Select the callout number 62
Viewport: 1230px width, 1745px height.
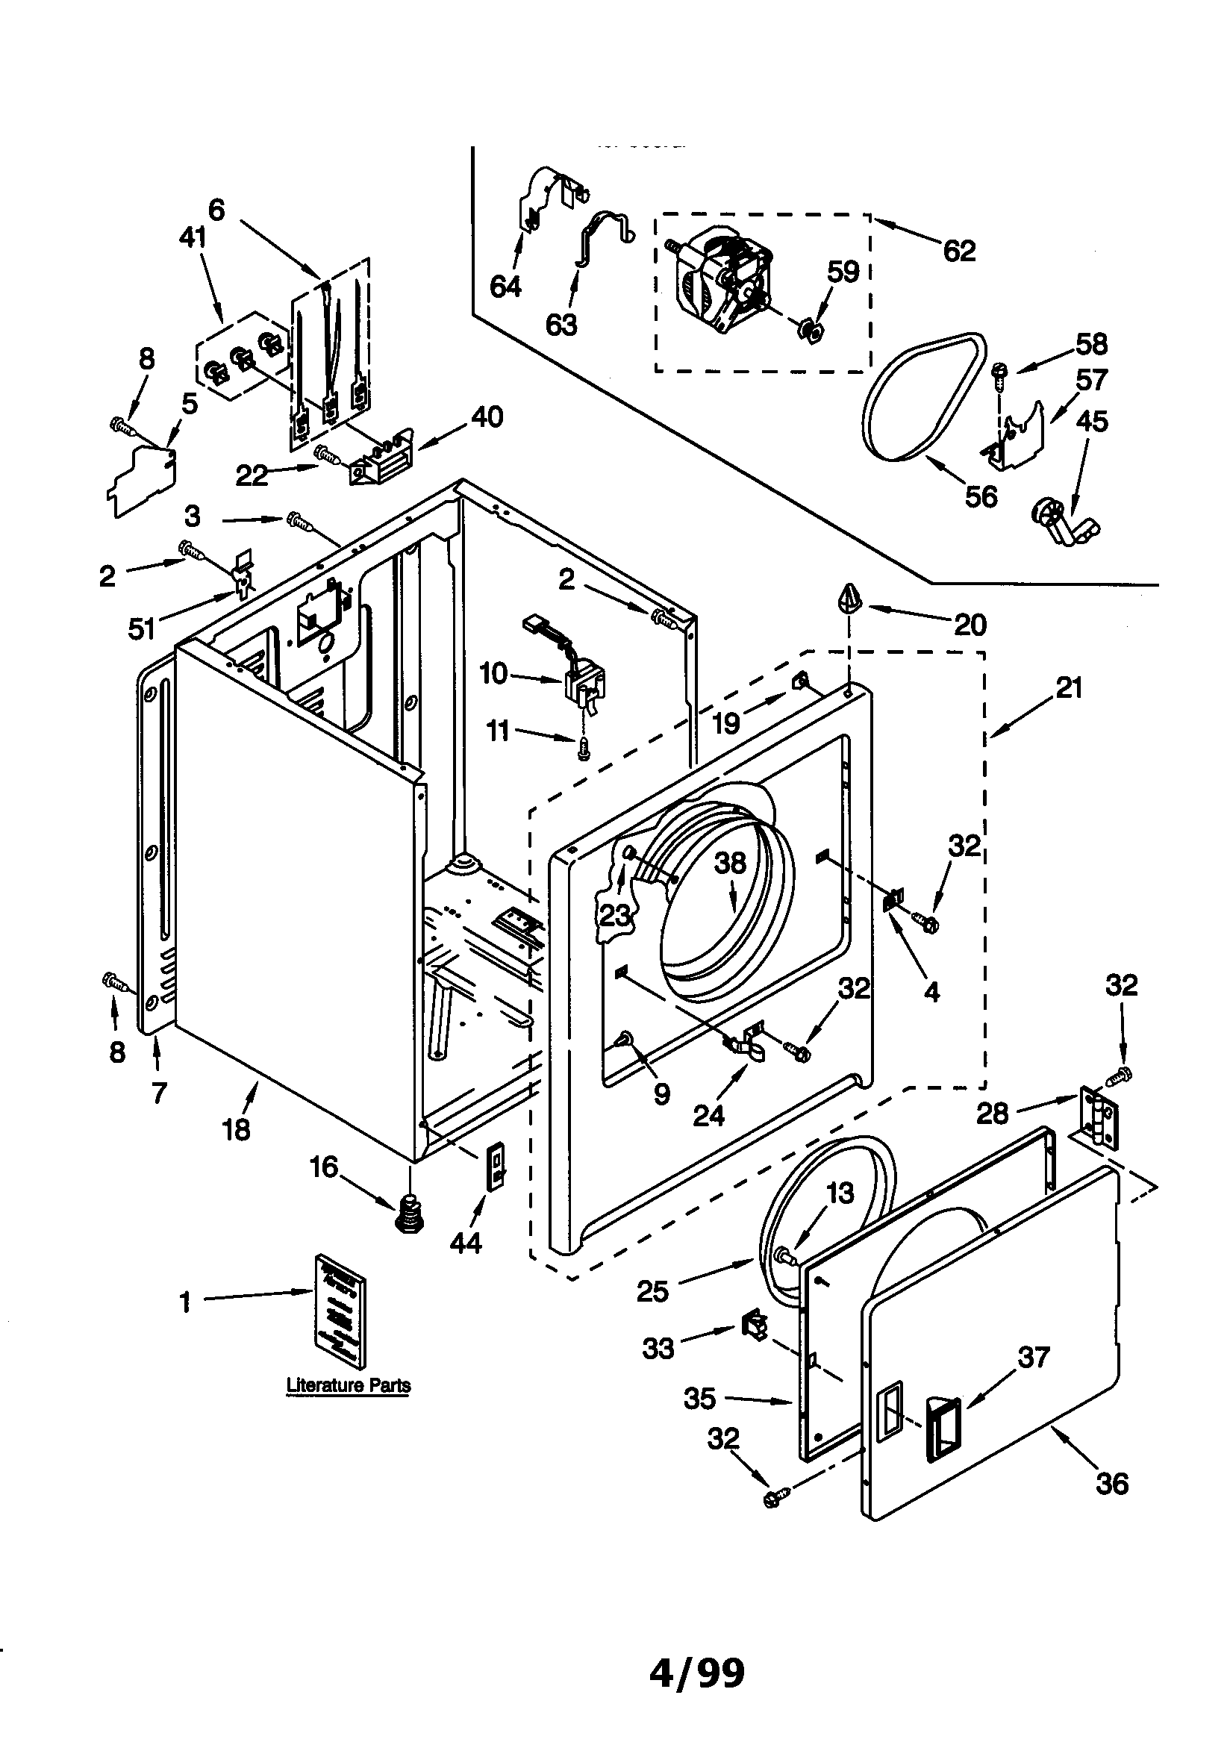[x=958, y=250]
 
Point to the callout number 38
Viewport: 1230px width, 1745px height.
[x=730, y=864]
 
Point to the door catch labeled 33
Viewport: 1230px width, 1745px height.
[x=754, y=1327]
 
